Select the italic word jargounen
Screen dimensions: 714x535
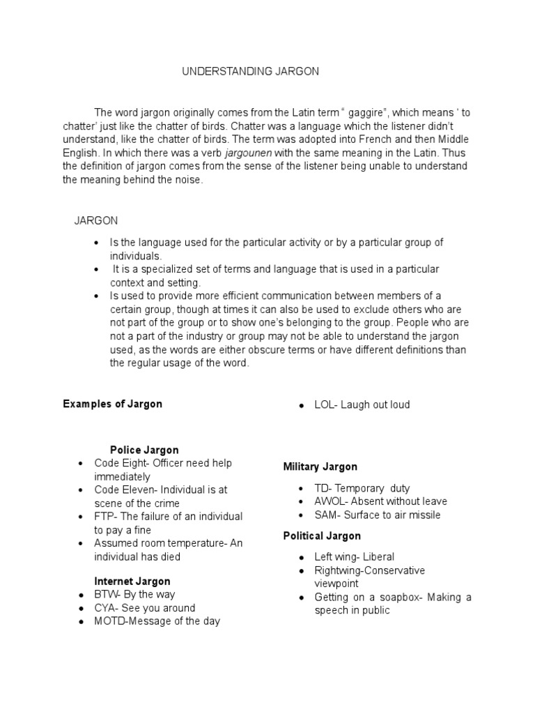(x=252, y=153)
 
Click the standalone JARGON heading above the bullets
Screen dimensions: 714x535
(x=96, y=220)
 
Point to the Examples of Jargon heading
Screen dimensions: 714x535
(x=112, y=404)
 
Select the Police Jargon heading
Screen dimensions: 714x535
(x=144, y=450)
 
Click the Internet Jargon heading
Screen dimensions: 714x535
(x=132, y=581)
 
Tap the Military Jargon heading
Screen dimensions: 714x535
(x=320, y=466)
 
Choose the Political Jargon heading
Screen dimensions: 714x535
(x=322, y=535)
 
